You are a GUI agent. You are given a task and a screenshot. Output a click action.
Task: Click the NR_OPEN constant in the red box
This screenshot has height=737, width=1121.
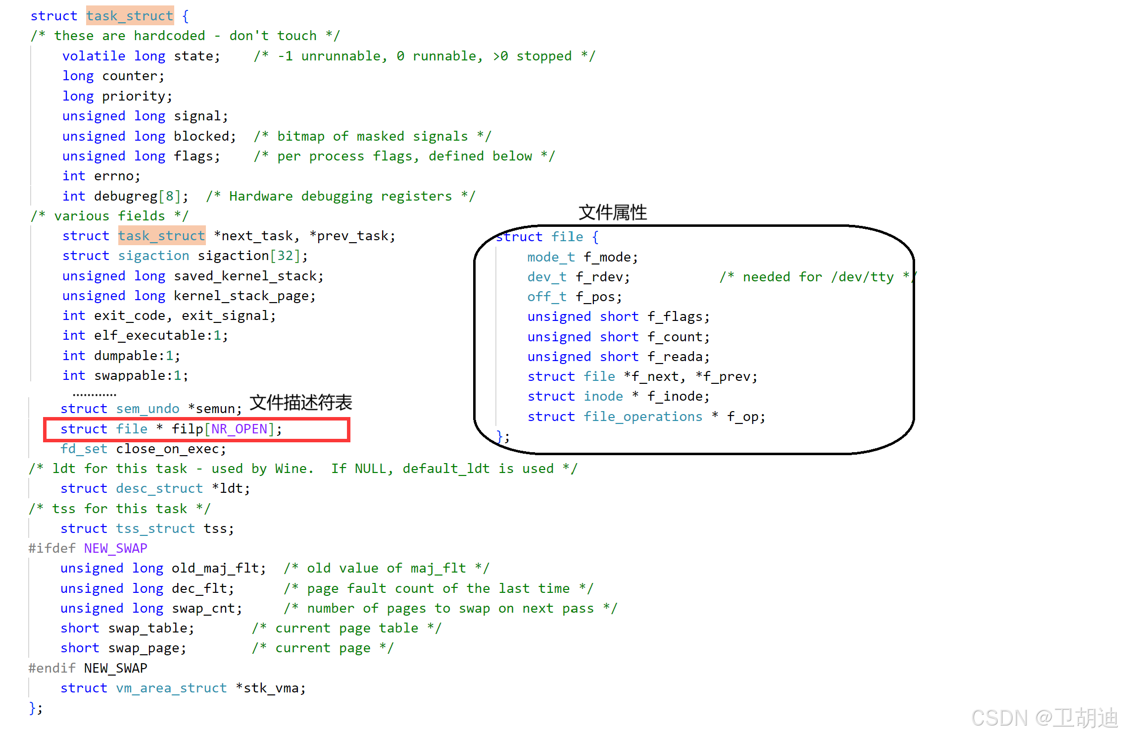coord(239,429)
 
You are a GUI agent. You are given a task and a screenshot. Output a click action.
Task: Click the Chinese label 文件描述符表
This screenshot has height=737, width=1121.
coord(300,403)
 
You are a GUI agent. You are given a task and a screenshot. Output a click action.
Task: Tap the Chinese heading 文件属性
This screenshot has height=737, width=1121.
coord(613,212)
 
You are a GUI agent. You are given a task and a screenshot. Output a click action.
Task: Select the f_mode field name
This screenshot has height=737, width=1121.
coord(610,257)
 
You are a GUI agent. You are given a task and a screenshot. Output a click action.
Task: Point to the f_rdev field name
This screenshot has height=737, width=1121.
coord(602,277)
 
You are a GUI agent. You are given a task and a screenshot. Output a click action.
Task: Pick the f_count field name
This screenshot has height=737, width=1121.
coord(678,337)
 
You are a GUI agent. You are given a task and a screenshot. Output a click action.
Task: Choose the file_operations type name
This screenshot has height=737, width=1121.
coord(642,417)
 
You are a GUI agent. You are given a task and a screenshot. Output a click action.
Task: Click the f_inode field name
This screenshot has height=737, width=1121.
coord(678,396)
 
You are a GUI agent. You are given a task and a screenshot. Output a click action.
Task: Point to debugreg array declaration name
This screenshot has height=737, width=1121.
coord(126,196)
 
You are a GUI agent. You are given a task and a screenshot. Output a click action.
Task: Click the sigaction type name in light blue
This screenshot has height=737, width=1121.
coord(153,256)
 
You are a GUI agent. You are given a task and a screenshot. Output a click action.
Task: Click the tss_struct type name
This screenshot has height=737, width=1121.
coord(155,528)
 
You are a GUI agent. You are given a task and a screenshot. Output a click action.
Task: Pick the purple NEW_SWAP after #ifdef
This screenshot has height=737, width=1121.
coord(115,548)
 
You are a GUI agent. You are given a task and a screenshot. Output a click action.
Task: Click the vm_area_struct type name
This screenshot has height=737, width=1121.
coord(171,688)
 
